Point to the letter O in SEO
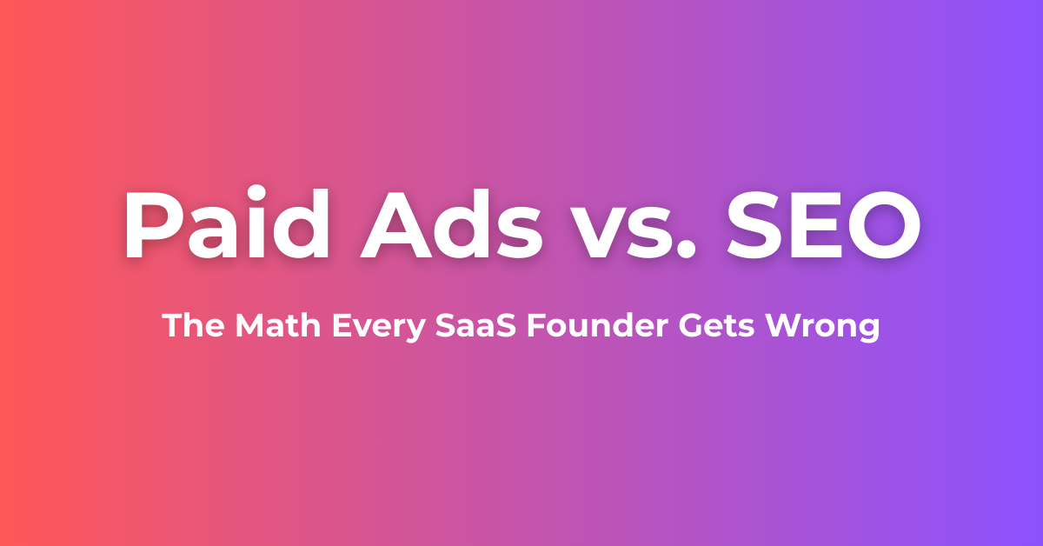tap(884, 225)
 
